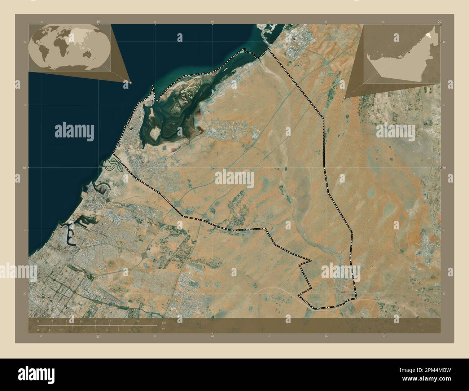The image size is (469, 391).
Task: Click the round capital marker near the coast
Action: click(131, 128)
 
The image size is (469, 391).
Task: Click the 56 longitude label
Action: click(439, 22)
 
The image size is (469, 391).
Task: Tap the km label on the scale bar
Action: click(163, 322)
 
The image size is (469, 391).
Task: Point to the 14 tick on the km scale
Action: click(138, 321)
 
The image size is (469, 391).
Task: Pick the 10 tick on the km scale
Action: click(109, 321)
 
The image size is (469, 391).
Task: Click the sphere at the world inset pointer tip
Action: click(130, 83)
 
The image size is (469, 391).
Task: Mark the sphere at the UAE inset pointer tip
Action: click(345, 97)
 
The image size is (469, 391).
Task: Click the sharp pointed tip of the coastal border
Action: click(153, 86)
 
